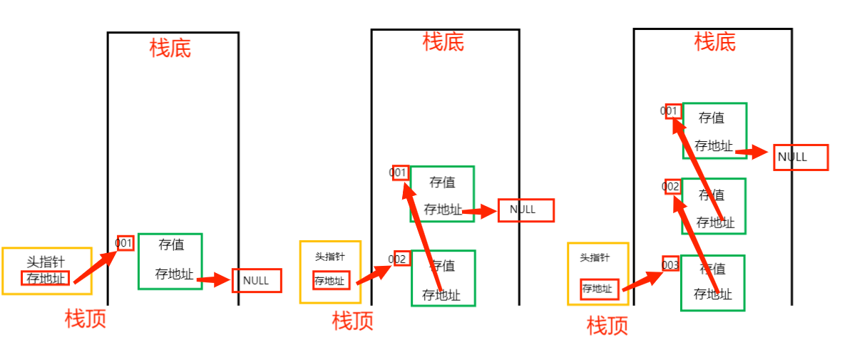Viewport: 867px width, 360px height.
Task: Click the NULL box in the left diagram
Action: [257, 280]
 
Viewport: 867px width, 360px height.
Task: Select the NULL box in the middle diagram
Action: [525, 210]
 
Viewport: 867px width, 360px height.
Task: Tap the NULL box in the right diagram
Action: [801, 158]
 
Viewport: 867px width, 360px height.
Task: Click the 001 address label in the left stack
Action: [125, 243]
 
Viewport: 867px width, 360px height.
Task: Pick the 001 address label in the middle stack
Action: [400, 173]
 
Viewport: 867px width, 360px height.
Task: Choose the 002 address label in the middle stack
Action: [400, 259]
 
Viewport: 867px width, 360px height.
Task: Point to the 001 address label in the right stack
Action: [672, 110]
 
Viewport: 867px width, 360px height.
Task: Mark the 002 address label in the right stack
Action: [672, 187]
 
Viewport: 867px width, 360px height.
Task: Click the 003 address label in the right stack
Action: [670, 264]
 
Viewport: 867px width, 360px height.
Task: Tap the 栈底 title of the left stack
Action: [170, 48]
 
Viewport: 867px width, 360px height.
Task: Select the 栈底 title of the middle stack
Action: [443, 42]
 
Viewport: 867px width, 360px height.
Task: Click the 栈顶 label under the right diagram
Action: [607, 326]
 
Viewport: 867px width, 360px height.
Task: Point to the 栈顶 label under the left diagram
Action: [86, 319]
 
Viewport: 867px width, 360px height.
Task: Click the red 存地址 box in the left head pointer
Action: [46, 278]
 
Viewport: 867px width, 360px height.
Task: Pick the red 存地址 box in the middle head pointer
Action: [331, 281]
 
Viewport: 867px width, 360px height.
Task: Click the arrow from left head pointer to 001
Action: [94, 264]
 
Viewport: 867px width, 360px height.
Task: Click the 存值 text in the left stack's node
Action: [171, 245]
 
